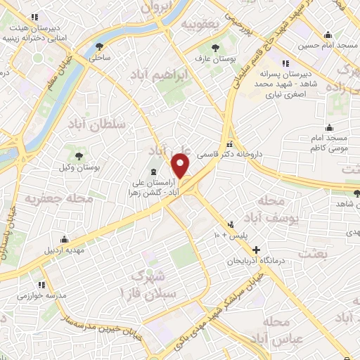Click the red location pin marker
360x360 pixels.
(x=181, y=167)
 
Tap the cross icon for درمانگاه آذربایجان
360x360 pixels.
(x=257, y=250)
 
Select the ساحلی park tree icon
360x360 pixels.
(x=98, y=47)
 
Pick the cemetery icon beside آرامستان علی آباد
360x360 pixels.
(x=153, y=172)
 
